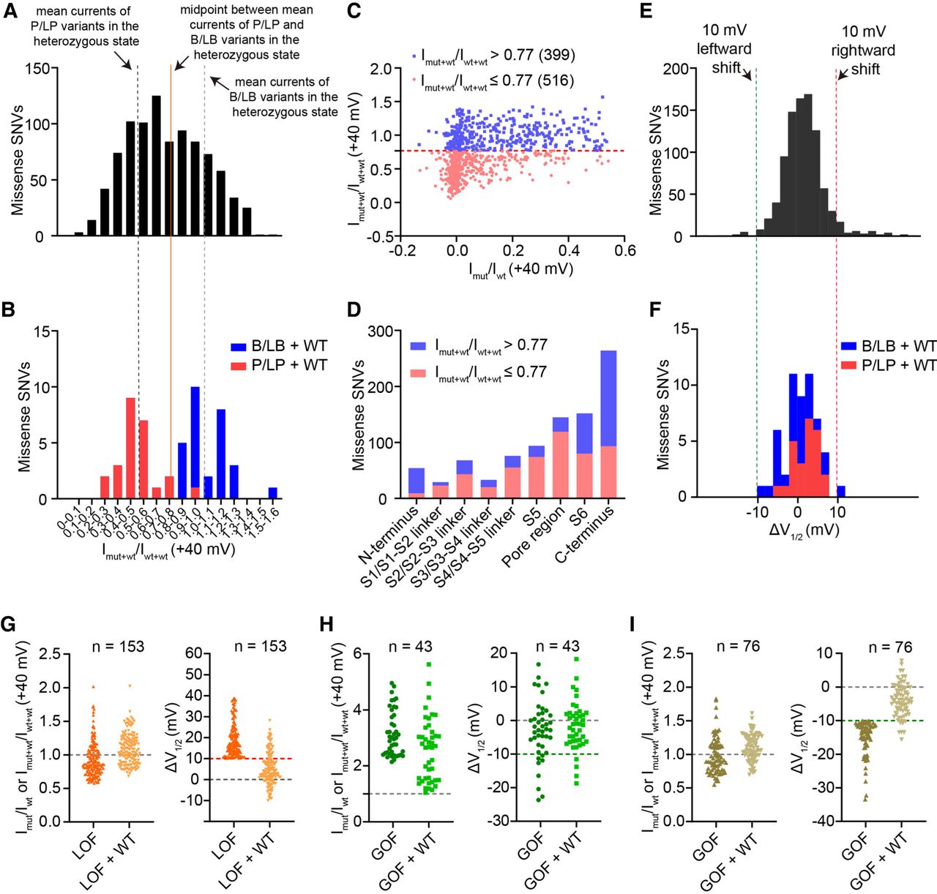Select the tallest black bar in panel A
pos(156,166)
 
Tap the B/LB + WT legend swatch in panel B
pos(238,346)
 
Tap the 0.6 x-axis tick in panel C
pos(624,251)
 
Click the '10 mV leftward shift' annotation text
pos(724,49)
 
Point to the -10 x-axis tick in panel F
pos(758,511)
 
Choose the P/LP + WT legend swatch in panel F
pos(848,365)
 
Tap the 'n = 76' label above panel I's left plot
pos(739,646)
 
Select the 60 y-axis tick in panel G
pos(193,653)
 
